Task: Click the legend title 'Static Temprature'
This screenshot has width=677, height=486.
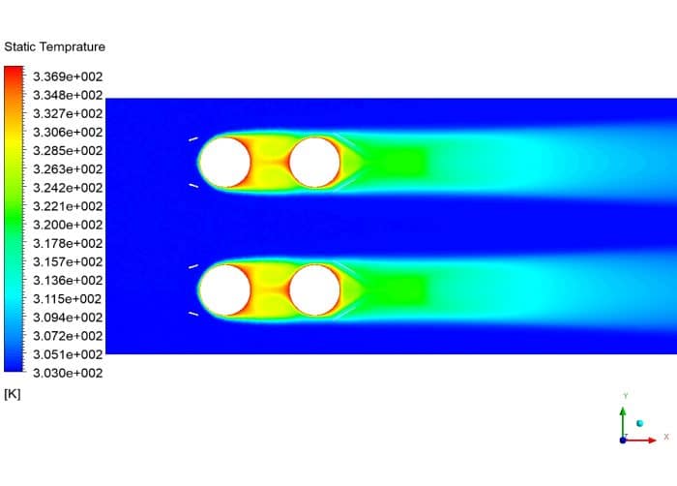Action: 55,46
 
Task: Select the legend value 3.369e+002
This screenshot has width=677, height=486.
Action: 68,76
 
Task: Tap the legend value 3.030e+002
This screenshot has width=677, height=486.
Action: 68,373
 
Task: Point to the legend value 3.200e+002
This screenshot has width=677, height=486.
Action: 68,225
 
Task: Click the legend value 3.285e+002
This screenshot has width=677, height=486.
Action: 68,151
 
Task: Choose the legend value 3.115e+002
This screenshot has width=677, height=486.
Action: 68,299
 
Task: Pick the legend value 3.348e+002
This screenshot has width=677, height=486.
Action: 68,95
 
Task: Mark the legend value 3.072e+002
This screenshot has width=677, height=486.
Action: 68,336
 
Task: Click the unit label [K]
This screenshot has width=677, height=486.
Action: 13,393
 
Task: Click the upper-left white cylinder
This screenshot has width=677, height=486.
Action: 223,162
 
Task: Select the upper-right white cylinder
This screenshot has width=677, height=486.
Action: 314,162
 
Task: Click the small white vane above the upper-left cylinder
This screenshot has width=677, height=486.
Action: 193,138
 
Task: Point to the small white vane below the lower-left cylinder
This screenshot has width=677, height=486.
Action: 193,313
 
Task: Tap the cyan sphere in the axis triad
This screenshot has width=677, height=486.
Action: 639,423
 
